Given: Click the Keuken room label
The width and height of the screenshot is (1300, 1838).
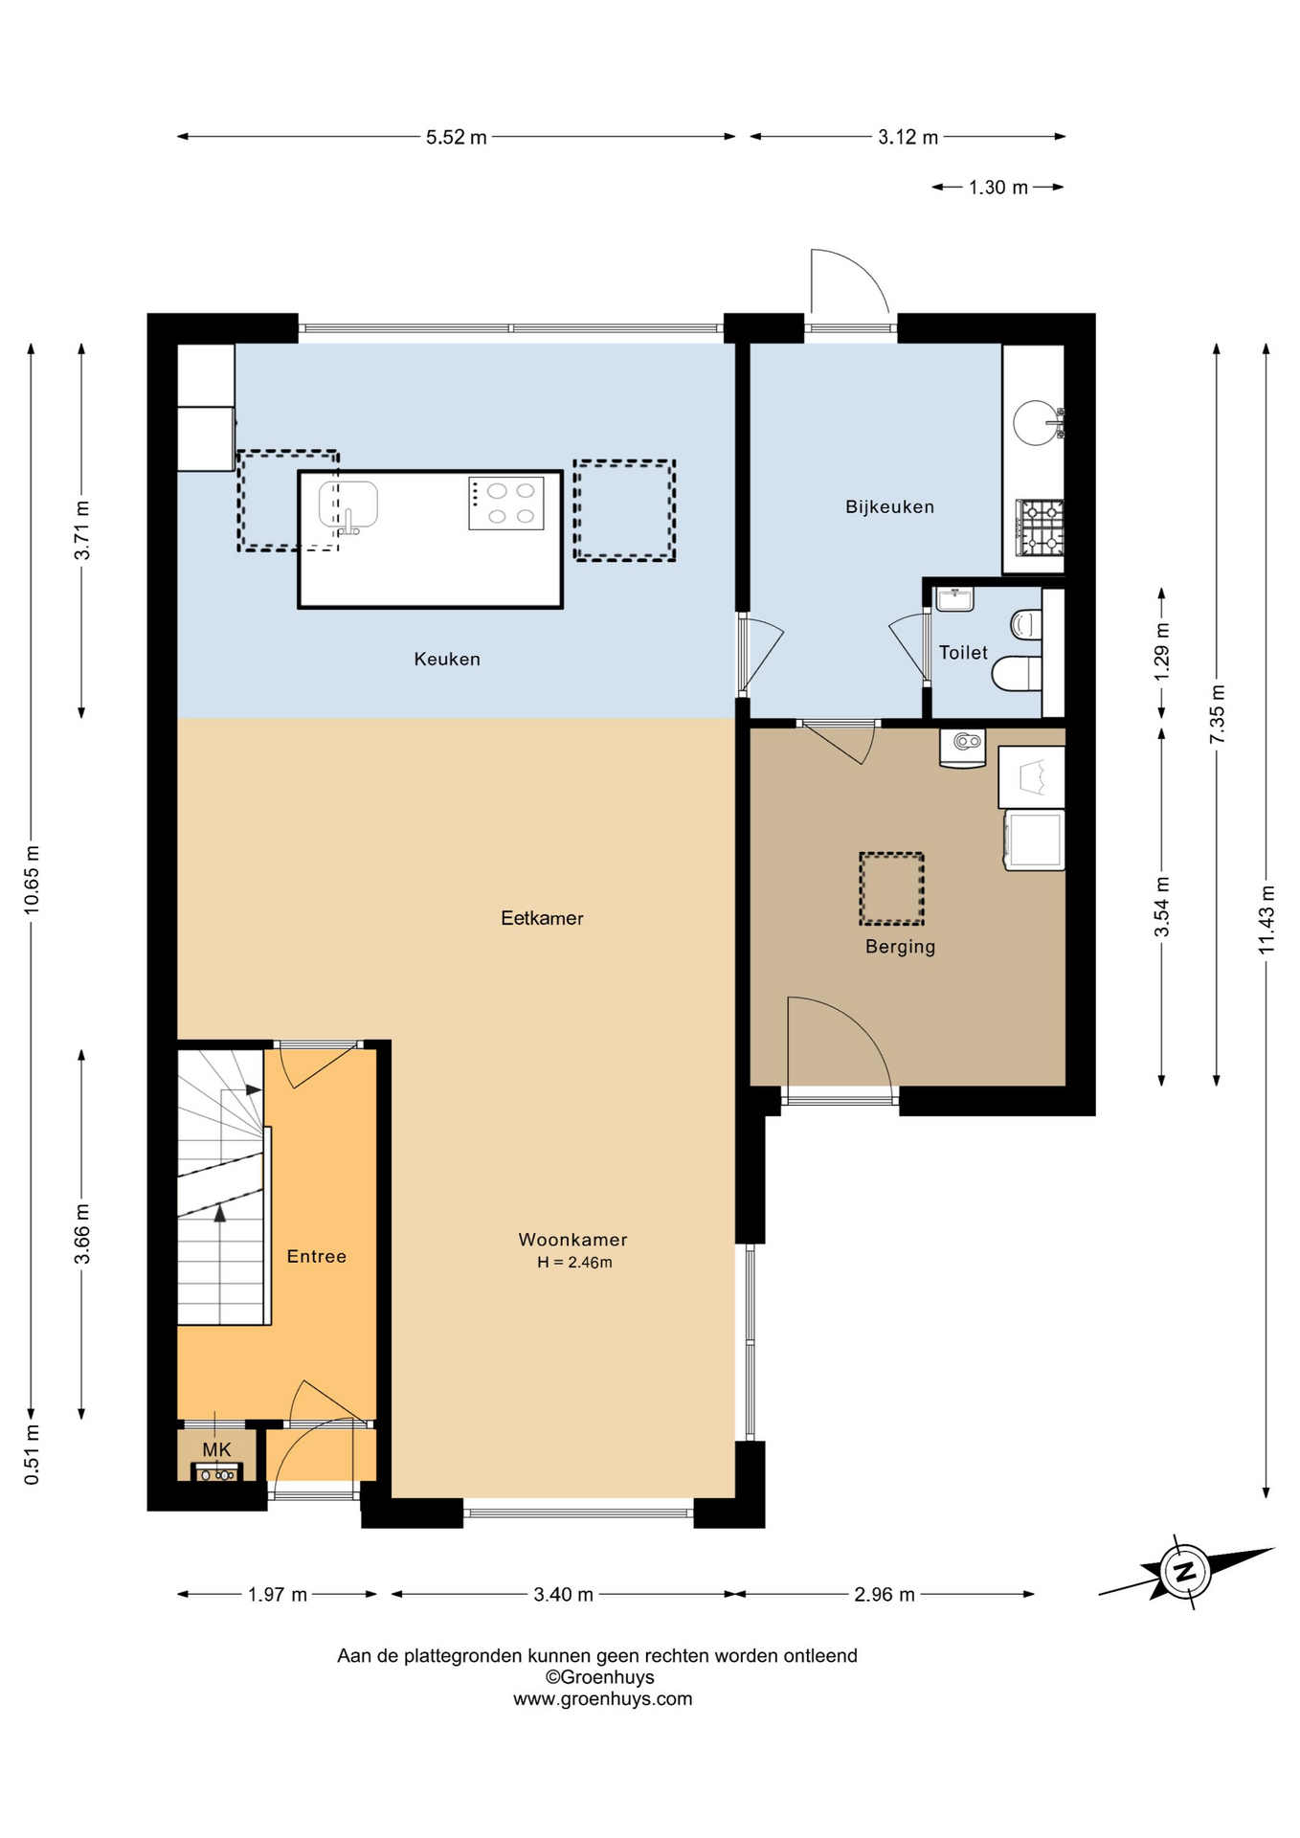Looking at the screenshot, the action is tap(447, 659).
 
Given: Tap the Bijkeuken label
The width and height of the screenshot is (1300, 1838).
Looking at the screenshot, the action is tap(889, 506).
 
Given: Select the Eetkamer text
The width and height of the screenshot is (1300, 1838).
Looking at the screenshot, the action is tap(542, 918).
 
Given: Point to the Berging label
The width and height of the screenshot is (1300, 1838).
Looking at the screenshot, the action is tap(900, 947).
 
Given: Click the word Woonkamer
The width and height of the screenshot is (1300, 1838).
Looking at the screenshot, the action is tap(572, 1240).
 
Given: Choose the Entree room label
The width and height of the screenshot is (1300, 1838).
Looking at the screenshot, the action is tap(316, 1256).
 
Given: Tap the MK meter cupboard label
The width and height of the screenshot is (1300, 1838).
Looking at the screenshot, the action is tap(216, 1449).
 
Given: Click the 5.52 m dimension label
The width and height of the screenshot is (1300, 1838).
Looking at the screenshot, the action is tap(457, 137).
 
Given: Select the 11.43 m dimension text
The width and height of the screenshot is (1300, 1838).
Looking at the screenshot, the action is tap(1266, 919).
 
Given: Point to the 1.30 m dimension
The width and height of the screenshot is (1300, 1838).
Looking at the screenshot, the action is tap(997, 188).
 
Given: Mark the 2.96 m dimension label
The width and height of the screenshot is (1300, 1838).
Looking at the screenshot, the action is tap(885, 1594).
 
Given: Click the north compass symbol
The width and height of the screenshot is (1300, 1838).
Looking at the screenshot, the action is tap(1185, 1571).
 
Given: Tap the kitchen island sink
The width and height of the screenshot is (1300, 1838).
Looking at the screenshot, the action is tap(347, 505).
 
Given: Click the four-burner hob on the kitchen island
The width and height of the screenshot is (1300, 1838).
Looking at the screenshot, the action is tap(506, 504).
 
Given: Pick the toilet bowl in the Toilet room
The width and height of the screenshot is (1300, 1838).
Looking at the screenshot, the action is tap(1016, 673).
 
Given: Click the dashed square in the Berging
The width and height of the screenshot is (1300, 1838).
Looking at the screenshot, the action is tap(891, 888).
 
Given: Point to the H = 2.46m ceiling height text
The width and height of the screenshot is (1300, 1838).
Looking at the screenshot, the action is tap(574, 1263).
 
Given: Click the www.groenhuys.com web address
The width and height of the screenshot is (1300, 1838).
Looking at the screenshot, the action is tap(602, 1698).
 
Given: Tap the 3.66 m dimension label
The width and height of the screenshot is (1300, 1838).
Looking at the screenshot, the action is tap(82, 1234).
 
